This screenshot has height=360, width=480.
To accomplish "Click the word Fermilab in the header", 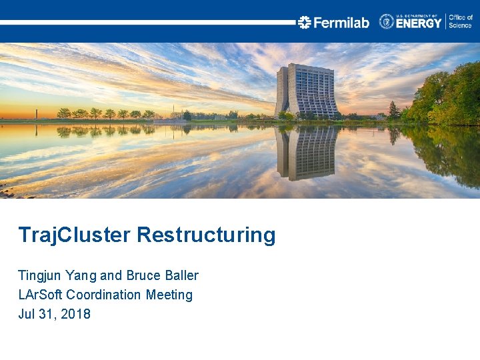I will coord(341,23).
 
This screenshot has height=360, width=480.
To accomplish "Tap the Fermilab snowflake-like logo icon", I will coord(305,23).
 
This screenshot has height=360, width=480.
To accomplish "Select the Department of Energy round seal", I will coord(387,21).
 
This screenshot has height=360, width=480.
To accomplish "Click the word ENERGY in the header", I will coord(419,23).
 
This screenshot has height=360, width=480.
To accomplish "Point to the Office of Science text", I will coord(460,21).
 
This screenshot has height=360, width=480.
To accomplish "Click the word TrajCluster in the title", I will coord(75,235).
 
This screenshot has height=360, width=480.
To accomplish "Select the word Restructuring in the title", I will coord(206,235).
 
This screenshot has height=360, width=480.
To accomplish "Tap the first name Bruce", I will coord(144,275).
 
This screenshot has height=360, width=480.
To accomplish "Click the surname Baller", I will coord(182,275).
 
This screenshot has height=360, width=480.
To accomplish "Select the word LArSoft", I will coord(42,295).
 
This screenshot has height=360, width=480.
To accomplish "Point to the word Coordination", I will coord(105,295).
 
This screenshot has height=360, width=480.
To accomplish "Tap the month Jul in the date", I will coord(27,314).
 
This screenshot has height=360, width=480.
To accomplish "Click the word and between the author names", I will coord(111,275).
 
